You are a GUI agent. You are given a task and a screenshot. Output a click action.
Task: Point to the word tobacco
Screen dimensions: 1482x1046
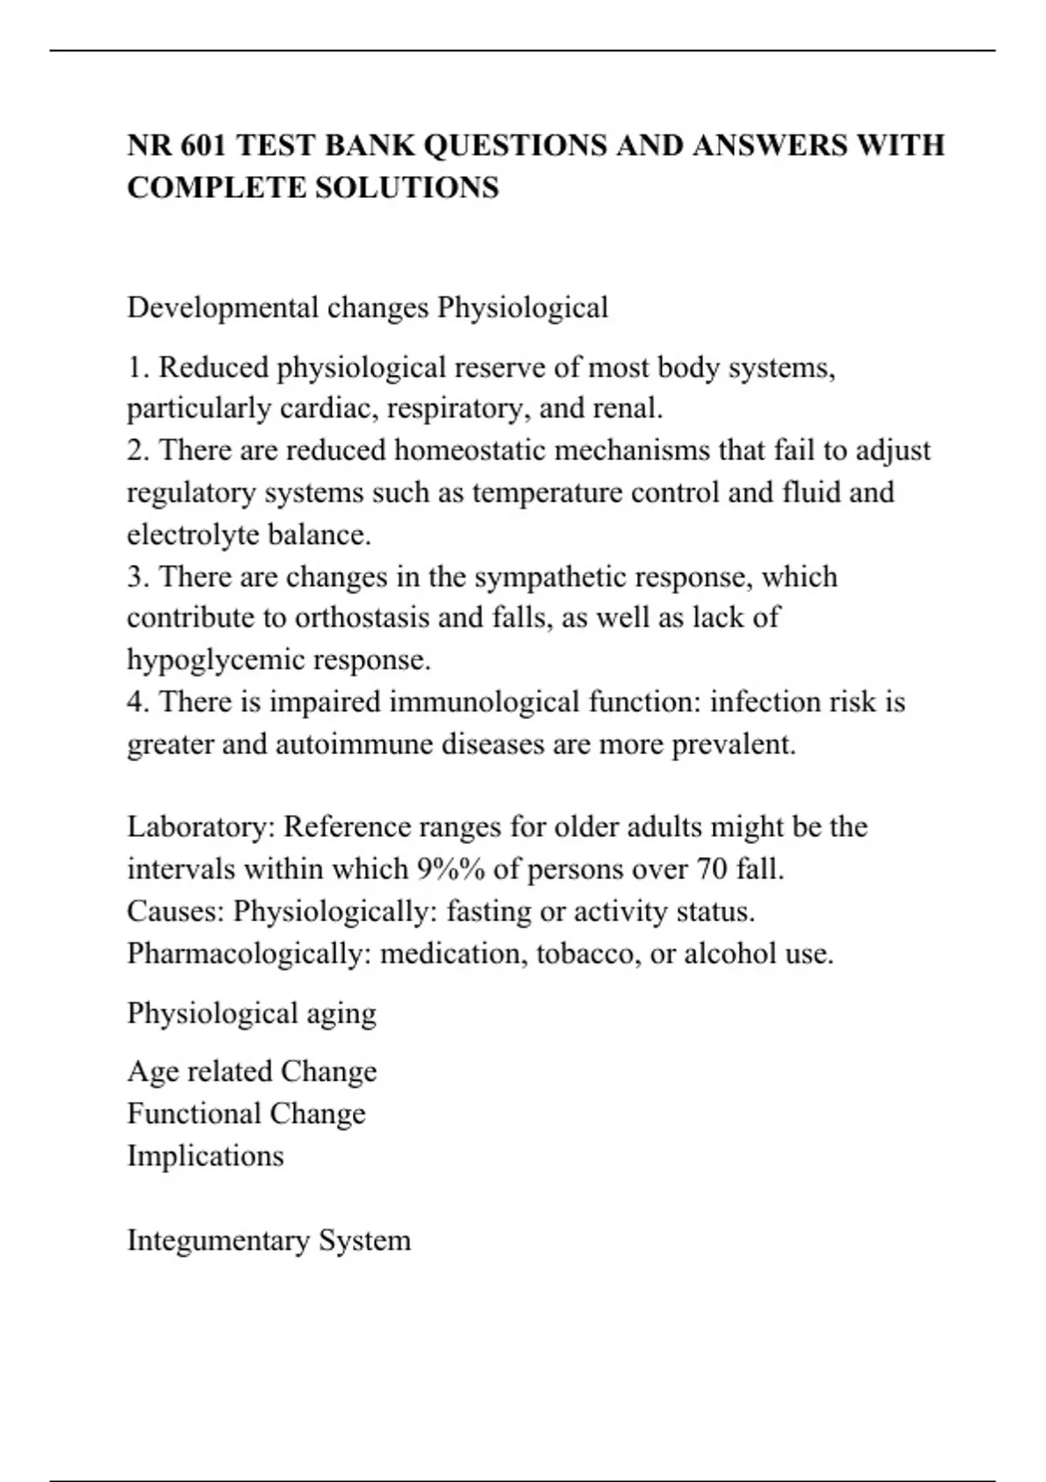tap(588, 954)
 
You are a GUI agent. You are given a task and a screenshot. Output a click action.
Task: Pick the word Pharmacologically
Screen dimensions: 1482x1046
tap(249, 954)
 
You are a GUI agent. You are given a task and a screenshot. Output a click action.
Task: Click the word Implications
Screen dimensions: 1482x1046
tap(206, 1156)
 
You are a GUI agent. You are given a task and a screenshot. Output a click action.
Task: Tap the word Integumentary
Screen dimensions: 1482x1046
tap(218, 1241)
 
